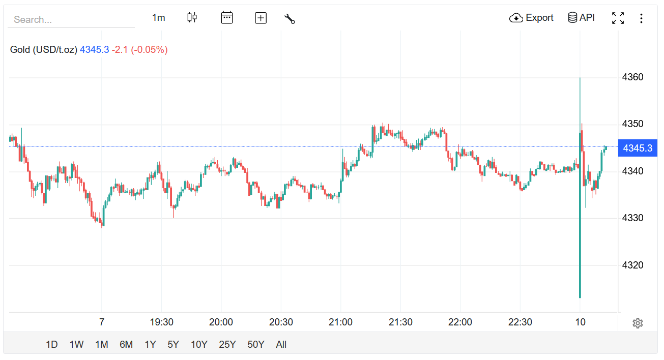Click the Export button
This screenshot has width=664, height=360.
531,18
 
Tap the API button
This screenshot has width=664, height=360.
581,18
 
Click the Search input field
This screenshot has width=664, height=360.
71,19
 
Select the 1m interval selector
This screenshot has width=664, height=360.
159,18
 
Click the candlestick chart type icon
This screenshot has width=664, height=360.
192,18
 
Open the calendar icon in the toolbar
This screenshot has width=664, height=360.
227,18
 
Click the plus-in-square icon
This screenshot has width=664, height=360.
261,18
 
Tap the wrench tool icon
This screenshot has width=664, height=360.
290,19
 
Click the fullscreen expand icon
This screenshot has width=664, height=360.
618,18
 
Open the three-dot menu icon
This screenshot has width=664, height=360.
641,18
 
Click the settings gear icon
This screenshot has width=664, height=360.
638,323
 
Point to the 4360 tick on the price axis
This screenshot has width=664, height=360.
632,77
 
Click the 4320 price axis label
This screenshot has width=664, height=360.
632,265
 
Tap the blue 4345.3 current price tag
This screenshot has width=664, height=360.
638,148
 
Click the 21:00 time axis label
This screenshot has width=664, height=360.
340,322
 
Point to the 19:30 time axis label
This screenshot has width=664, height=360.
162,322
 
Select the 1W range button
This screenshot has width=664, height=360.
76,345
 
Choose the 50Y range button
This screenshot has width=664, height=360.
255,345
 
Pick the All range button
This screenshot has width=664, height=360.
281,345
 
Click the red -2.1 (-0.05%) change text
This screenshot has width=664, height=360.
139,49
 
